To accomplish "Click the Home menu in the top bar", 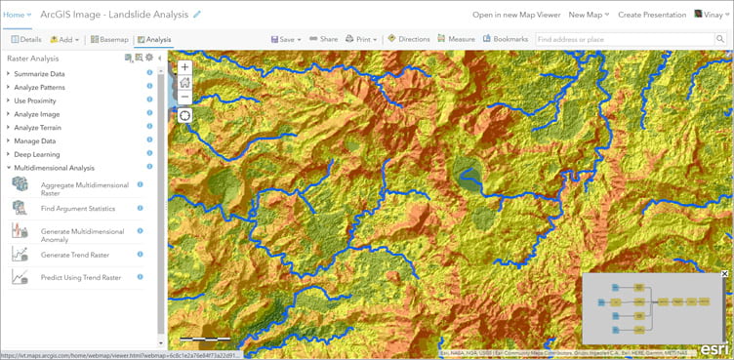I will tap(18, 15).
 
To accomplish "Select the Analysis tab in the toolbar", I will tap(153, 40).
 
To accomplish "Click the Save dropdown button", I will tap(286, 40).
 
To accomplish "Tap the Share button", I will tap(323, 40).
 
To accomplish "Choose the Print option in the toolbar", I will tap(361, 40).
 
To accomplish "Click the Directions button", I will tap(409, 40).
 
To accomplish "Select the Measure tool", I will tap(456, 40).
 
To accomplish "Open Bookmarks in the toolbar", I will tap(506, 40).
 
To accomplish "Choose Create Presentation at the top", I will tap(651, 15).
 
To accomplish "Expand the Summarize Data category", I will tap(39, 73).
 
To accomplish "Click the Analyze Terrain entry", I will tap(40, 127).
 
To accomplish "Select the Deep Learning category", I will tap(36, 154).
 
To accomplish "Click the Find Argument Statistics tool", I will tap(78, 209).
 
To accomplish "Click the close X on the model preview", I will tap(724, 274).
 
